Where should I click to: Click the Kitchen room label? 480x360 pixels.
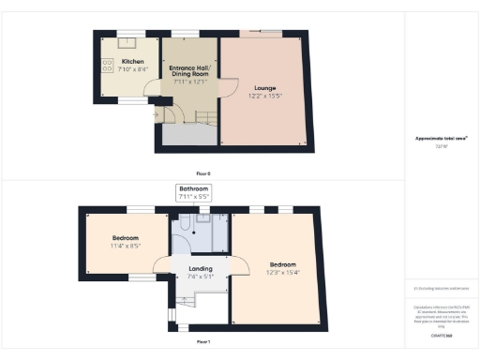(x=132, y=62)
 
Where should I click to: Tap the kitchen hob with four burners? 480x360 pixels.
(x=105, y=65)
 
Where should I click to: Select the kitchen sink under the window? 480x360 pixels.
(x=124, y=43)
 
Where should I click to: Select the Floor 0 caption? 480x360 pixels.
(x=202, y=174)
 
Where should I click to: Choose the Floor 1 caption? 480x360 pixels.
(x=202, y=341)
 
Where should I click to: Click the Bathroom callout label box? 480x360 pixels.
(x=194, y=193)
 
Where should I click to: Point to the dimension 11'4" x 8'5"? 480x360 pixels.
(x=126, y=247)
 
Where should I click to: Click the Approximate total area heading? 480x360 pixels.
(x=442, y=138)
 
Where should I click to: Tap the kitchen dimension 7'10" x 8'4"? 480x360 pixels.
(x=132, y=70)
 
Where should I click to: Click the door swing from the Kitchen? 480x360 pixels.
(x=152, y=92)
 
